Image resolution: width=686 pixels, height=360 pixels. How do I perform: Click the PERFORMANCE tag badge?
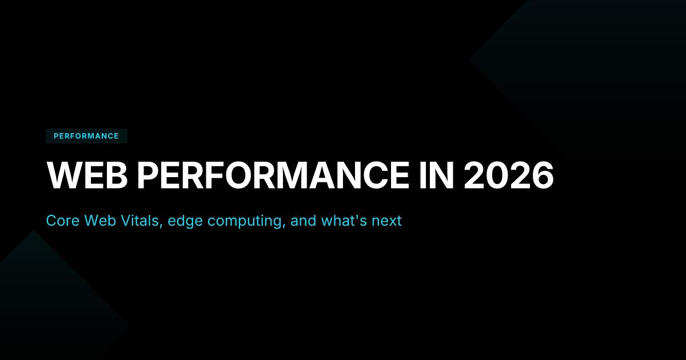[86, 136]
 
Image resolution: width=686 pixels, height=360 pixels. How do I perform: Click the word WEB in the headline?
[87, 175]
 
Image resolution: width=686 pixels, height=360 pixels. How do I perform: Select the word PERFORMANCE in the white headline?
[273, 175]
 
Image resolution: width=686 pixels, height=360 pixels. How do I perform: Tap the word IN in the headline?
[436, 175]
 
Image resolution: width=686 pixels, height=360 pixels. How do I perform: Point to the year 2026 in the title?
[509, 175]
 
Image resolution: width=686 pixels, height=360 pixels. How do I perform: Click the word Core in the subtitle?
[63, 221]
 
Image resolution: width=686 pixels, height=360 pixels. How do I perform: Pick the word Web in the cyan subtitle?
[100, 221]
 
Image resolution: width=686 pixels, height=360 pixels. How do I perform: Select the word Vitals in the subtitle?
[140, 221]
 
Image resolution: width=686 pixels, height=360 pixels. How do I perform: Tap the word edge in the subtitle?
[185, 222]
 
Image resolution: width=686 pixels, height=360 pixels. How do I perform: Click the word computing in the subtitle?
[245, 222]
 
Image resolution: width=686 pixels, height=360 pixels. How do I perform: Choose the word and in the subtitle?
[303, 221]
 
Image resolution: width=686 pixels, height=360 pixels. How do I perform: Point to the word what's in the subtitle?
[344, 221]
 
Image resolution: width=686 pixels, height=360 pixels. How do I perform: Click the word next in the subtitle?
[386, 221]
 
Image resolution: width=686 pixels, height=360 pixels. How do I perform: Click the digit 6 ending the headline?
[543, 175]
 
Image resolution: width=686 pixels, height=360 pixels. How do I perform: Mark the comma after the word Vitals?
[161, 226]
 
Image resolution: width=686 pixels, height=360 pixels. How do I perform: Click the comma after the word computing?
[284, 226]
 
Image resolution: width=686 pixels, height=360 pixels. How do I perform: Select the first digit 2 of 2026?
[474, 175]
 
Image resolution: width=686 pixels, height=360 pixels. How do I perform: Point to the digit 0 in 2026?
[497, 175]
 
